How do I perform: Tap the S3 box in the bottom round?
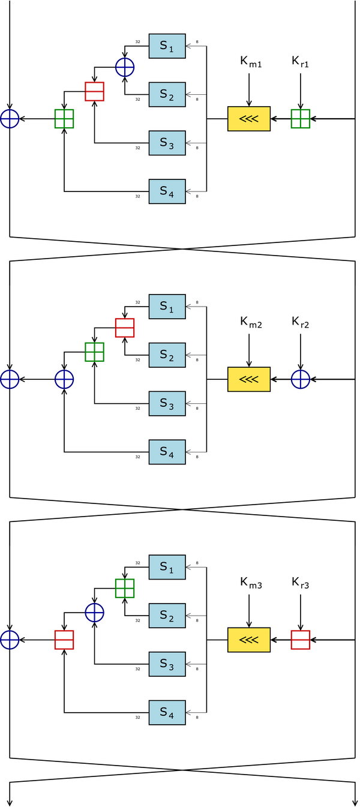click(167, 664)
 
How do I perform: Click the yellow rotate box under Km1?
click(248, 119)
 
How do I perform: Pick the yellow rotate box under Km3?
click(248, 640)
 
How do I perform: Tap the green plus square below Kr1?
click(301, 119)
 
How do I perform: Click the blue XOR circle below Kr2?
click(301, 379)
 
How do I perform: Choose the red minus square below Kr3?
click(301, 640)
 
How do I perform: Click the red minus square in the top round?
click(94, 91)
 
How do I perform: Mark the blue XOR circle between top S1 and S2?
click(125, 67)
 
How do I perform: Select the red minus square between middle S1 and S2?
click(124, 328)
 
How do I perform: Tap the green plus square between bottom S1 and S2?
click(124, 588)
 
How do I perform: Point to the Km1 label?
click(251, 62)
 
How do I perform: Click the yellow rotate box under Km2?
click(248, 379)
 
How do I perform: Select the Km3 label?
click(251, 583)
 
